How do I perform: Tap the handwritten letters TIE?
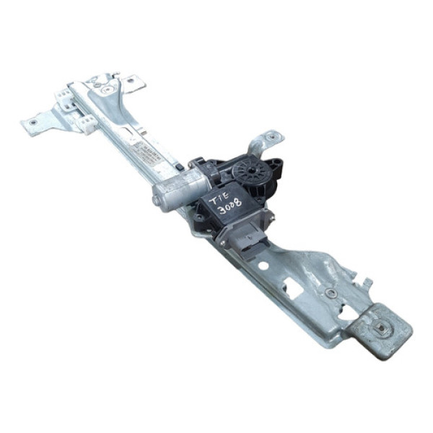point(221,192)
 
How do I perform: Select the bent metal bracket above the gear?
point(263,143)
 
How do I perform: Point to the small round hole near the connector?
point(263,266)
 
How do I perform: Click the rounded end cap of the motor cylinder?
point(157,196)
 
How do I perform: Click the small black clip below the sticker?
point(178,167)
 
